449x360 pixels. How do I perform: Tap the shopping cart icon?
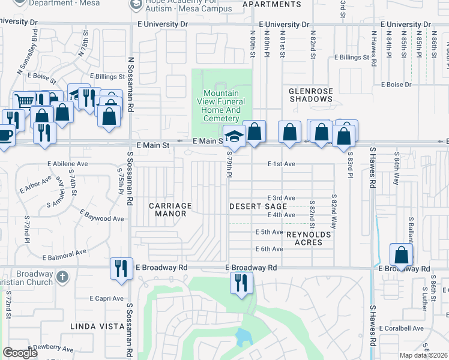pyautogui.click(x=24, y=101)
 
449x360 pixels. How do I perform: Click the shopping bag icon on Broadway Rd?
pyautogui.click(x=401, y=254)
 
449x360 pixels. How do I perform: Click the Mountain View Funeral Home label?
pyautogui.click(x=221, y=106)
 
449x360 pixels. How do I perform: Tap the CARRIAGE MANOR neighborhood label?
pyautogui.click(x=170, y=209)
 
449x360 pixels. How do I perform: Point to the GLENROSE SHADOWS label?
pyautogui.click(x=310, y=95)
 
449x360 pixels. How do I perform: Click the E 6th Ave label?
pyautogui.click(x=269, y=249)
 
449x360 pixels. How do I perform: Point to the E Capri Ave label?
pyautogui.click(x=107, y=298)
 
